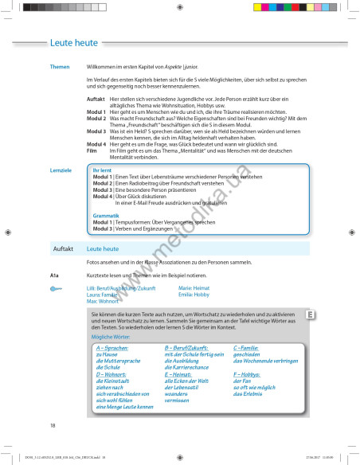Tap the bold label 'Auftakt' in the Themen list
tap(96, 99)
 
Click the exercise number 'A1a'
tap(55, 275)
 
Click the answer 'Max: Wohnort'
tap(103, 301)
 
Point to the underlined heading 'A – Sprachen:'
tap(112, 349)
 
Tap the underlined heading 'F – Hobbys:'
tap(246, 373)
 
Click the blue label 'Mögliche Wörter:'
tap(110, 338)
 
